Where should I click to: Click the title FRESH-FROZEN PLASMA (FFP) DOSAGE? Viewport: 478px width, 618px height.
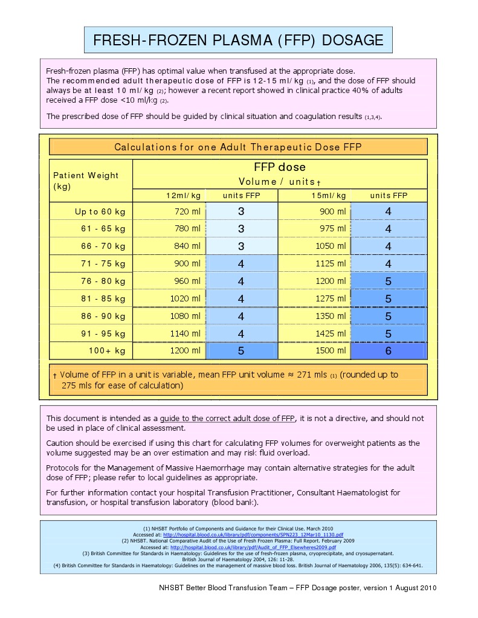[x=238, y=40]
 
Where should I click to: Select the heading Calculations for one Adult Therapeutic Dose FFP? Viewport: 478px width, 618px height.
[x=238, y=147]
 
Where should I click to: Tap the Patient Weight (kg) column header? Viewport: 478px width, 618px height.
[x=86, y=181]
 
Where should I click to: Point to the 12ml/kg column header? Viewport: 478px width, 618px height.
[x=183, y=195]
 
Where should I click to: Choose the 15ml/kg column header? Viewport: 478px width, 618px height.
[x=329, y=195]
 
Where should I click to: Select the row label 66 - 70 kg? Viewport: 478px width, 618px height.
[x=103, y=246]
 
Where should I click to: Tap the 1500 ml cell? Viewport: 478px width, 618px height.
[x=331, y=350]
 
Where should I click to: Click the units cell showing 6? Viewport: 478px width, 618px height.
[x=388, y=351]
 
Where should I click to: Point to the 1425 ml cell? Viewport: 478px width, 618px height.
[x=331, y=333]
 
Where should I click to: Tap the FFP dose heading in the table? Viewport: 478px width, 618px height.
[x=279, y=167]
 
